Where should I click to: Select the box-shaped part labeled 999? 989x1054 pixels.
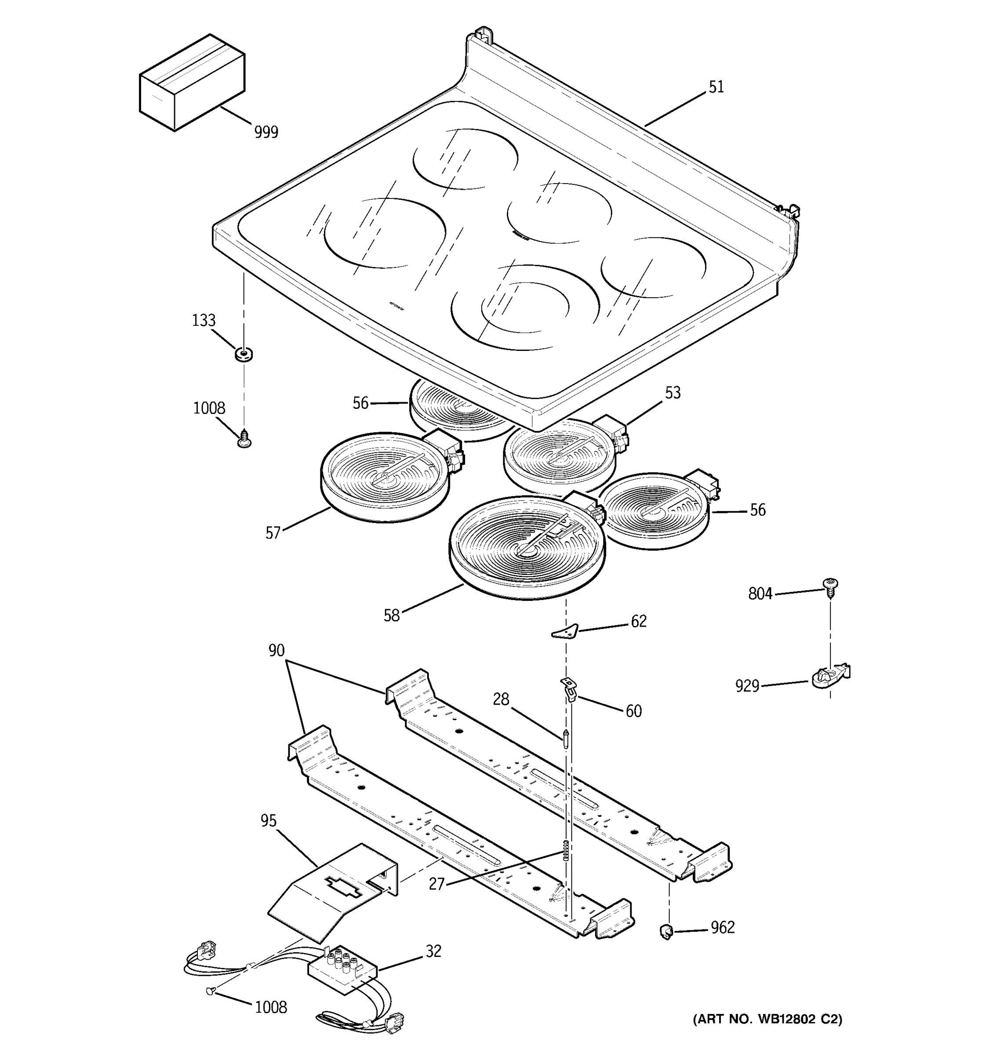(x=192, y=82)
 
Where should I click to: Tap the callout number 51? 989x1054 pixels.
(x=716, y=87)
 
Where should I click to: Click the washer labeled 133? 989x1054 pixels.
(x=244, y=354)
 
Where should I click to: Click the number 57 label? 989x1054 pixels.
(x=273, y=533)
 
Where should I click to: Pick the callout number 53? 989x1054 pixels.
(x=672, y=393)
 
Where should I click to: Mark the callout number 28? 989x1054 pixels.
(x=500, y=700)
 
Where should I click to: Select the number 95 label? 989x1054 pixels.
(x=269, y=821)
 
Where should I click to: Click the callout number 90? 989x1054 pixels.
(x=276, y=650)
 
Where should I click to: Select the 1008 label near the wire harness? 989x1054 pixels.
(x=271, y=1007)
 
